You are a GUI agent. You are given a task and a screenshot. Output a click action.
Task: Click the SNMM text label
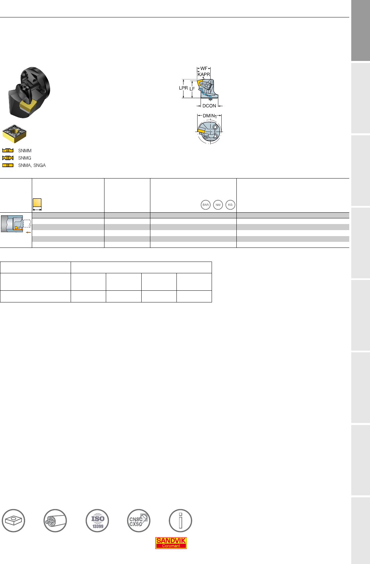tap(25, 151)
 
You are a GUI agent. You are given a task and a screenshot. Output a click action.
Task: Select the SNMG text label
tap(25, 158)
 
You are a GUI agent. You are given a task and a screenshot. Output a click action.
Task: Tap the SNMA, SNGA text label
tap(32, 165)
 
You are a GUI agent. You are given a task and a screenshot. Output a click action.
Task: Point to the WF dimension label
tap(204, 68)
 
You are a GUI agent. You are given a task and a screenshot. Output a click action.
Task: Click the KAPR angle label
tap(204, 74)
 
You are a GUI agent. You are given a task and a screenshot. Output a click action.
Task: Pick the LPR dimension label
tap(183, 88)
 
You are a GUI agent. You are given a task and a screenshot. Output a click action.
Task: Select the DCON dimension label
tap(209, 106)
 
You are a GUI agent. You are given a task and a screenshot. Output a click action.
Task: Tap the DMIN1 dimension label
tap(209, 116)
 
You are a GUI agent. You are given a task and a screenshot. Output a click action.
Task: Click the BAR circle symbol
tap(206, 205)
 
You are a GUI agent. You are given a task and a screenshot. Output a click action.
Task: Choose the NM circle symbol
tap(218, 205)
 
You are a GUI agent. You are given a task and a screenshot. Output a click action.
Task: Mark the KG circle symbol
tap(230, 205)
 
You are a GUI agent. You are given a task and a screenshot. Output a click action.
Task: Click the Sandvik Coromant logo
tap(171, 543)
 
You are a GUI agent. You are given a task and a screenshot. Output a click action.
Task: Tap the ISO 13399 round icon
tap(97, 520)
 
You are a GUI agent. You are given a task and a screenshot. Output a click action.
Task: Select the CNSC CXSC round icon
tap(139, 520)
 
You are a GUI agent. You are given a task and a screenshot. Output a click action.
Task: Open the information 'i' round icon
tap(180, 520)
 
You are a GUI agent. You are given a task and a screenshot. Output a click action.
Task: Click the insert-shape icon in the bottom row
tap(13, 520)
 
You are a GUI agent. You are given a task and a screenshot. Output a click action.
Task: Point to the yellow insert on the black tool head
tap(28, 106)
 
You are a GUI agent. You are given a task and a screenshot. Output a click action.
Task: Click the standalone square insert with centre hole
tap(14, 133)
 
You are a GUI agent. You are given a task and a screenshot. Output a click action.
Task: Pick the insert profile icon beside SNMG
tap(8, 158)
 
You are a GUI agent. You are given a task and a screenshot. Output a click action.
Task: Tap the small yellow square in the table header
tap(37, 203)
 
